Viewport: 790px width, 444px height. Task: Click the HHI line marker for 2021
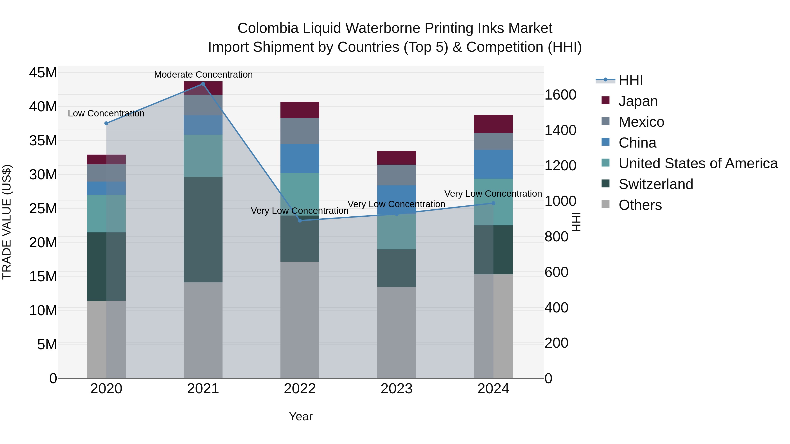click(x=203, y=84)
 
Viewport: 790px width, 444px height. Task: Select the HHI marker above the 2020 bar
click(x=106, y=123)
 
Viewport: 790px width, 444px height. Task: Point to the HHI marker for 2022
click(x=300, y=221)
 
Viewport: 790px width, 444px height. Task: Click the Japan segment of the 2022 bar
click(x=300, y=110)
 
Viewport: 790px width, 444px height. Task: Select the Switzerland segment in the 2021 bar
click(x=203, y=230)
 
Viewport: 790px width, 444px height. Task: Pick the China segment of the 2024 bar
click(x=494, y=164)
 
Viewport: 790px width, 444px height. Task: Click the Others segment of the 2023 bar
click(x=397, y=332)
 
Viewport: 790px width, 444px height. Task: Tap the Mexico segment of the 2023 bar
click(x=397, y=175)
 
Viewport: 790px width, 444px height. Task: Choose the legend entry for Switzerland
click(x=656, y=184)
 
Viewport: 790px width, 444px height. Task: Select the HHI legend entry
click(x=630, y=80)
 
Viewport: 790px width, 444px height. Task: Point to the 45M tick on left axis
click(x=43, y=73)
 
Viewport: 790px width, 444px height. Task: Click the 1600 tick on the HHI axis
click(x=560, y=95)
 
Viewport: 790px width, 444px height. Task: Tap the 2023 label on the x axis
click(x=397, y=389)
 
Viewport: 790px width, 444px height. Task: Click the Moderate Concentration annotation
click(x=203, y=75)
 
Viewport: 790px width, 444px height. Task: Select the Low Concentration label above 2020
click(x=106, y=113)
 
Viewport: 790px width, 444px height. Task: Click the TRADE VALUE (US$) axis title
click(x=7, y=222)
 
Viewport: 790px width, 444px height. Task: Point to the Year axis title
click(x=301, y=416)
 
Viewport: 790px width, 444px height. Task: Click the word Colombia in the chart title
click(x=268, y=28)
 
